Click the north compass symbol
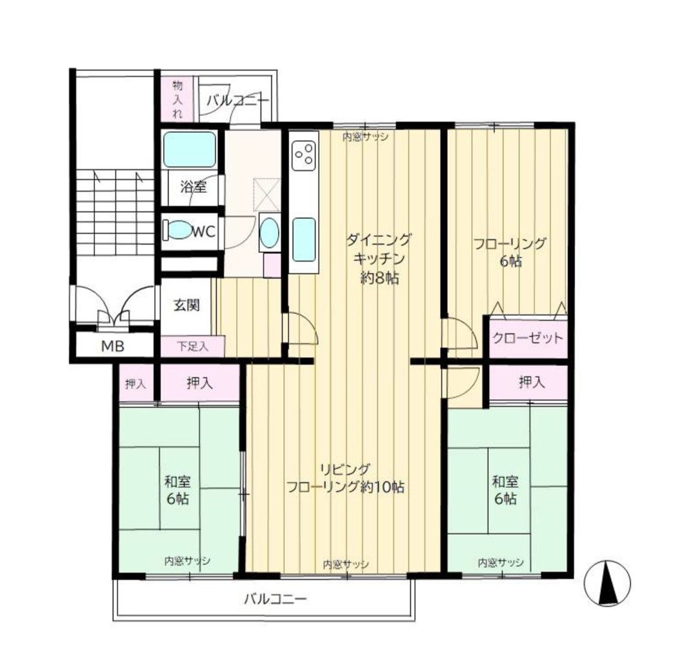(607, 583)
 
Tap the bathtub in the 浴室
(190, 150)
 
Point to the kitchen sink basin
(304, 240)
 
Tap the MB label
(113, 346)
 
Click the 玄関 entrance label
(186, 305)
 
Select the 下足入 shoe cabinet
(192, 346)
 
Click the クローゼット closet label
(528, 338)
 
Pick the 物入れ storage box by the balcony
(177, 99)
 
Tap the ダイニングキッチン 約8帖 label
(379, 259)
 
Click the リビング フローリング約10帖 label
(345, 478)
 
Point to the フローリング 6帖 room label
(510, 252)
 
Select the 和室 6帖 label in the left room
(177, 489)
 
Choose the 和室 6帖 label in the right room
(505, 489)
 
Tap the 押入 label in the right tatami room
(532, 382)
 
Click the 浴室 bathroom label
(194, 187)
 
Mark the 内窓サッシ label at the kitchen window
(365, 137)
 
